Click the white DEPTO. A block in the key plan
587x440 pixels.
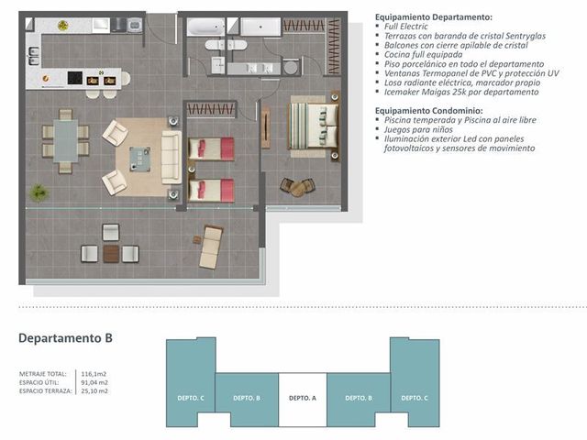click(x=303, y=400)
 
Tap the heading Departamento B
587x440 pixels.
click(x=65, y=338)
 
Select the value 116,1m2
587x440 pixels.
click(x=94, y=374)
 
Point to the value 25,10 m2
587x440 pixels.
click(x=94, y=391)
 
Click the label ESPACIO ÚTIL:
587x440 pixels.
click(x=39, y=382)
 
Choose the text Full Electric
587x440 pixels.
click(x=405, y=27)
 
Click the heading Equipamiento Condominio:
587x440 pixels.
click(x=428, y=110)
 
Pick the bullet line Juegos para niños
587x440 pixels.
click(x=418, y=129)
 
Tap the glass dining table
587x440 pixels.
click(x=66, y=140)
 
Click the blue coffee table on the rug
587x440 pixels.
click(x=140, y=159)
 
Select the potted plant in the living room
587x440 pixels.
click(x=39, y=193)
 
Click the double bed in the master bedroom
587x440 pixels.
click(x=314, y=126)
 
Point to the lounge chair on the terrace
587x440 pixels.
click(x=210, y=247)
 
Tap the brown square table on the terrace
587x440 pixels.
click(x=111, y=253)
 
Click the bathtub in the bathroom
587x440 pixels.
click(x=205, y=27)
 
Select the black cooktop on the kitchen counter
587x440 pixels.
click(x=75, y=78)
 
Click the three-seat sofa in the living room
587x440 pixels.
click(x=172, y=157)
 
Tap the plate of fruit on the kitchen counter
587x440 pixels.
click(x=63, y=26)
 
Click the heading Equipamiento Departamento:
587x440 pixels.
click(x=434, y=16)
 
